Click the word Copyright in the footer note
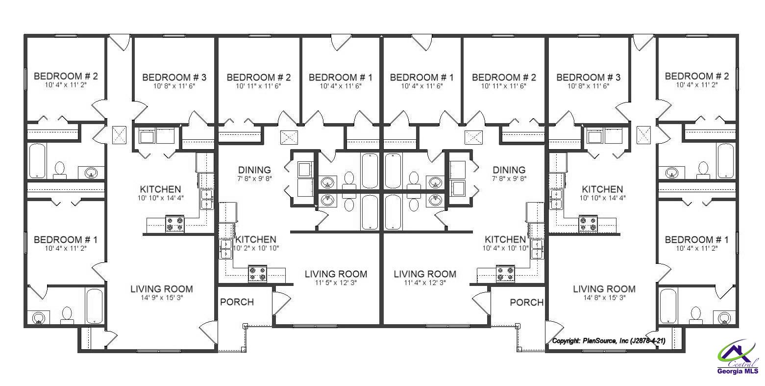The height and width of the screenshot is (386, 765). [566, 341]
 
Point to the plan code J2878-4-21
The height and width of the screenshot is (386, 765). [647, 341]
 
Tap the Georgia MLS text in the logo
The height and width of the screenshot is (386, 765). [738, 371]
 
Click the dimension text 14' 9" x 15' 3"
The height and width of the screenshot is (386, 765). [161, 298]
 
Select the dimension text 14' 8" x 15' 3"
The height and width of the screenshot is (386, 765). [604, 298]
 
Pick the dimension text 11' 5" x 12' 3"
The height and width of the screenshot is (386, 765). [336, 283]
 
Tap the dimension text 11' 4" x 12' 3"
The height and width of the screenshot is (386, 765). [425, 283]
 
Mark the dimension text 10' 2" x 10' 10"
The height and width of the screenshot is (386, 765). [256, 248]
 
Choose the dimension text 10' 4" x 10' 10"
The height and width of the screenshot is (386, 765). [505, 248]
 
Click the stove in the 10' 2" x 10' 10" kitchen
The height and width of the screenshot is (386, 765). [257, 273]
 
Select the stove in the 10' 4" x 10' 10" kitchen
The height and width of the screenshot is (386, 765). [506, 273]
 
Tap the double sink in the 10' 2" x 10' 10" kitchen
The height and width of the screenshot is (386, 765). [226, 249]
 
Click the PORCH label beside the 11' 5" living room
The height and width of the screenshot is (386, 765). [237, 302]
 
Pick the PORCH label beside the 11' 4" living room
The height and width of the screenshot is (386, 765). [526, 302]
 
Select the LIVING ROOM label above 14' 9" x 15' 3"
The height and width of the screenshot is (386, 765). [161, 289]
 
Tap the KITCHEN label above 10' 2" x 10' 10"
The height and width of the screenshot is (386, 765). [256, 239]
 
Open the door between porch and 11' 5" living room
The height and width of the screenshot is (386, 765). [280, 304]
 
